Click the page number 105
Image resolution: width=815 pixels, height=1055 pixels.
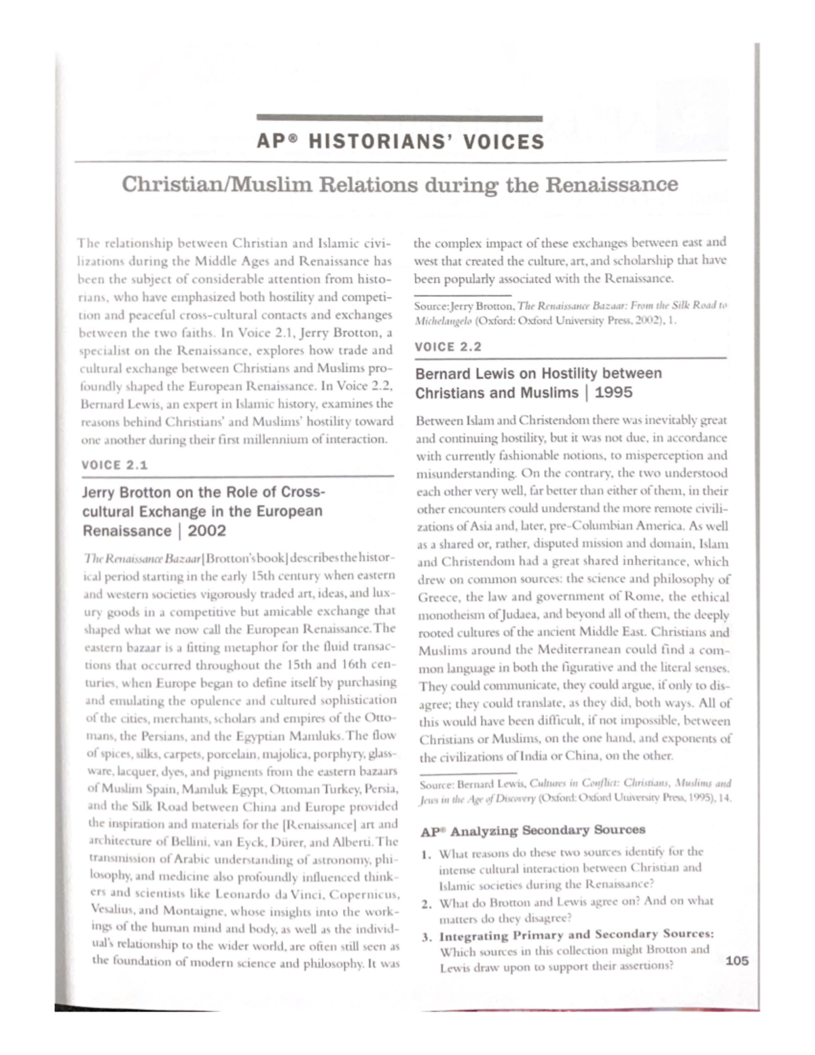pos(737,961)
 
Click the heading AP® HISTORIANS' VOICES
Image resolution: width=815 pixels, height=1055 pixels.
pos(401,142)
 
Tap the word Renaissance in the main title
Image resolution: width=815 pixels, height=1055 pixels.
pos(613,185)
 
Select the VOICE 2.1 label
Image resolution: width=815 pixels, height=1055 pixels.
pos(114,465)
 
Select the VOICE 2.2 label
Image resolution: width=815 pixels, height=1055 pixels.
pos(448,346)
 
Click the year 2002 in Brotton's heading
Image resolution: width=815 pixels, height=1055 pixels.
pos(207,531)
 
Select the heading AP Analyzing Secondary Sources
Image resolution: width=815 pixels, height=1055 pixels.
pos(532,830)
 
